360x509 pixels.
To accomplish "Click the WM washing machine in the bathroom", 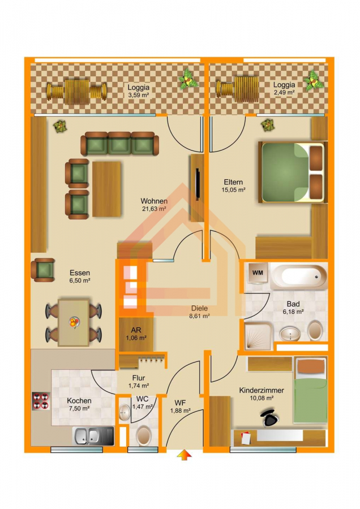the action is point(258,273).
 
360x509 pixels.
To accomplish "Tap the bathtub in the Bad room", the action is point(299,276).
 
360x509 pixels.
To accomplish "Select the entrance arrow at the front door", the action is point(184,455).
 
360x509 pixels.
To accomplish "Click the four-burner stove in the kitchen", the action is point(41,401).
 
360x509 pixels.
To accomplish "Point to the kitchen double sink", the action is point(93,436).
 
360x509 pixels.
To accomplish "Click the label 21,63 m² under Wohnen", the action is point(154,209).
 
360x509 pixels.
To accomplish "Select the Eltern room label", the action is point(233,182).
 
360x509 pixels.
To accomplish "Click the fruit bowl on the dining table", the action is point(74,322).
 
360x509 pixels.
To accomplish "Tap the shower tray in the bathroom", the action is point(258,336).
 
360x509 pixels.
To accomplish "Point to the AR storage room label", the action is point(136,330).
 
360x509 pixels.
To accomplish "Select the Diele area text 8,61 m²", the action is point(199,316).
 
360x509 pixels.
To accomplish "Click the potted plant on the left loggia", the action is point(188,79).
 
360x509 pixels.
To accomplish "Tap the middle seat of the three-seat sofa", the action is point(119,143).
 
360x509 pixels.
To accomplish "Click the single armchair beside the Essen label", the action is point(43,270).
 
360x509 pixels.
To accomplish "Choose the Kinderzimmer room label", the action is point(262,390).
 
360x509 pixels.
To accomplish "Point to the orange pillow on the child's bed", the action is point(311,366).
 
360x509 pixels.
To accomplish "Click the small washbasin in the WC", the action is point(124,413).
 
